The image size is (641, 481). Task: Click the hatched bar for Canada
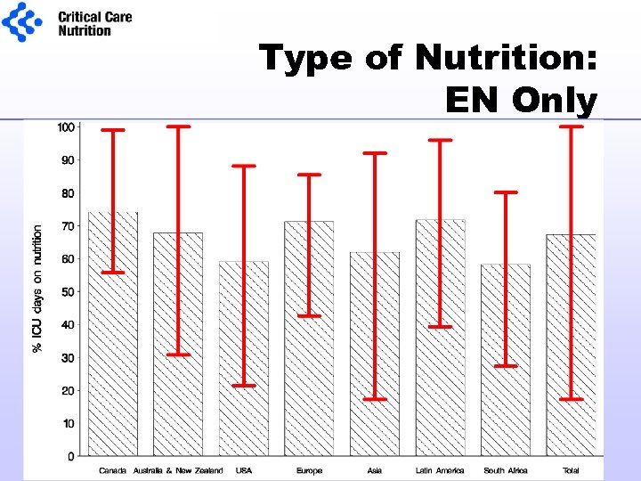(x=113, y=356)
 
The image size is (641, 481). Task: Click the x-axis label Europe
(x=309, y=470)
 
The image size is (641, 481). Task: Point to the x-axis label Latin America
(x=440, y=470)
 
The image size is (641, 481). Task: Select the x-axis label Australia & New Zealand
(x=178, y=470)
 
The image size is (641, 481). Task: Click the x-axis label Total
(x=571, y=470)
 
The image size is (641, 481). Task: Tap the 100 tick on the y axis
(x=66, y=127)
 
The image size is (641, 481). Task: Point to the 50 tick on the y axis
(x=69, y=292)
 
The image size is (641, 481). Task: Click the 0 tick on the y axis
(x=71, y=456)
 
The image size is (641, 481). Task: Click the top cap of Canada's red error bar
(x=113, y=130)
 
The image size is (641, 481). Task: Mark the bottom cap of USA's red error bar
(x=244, y=386)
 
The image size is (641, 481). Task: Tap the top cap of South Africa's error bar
(x=506, y=192)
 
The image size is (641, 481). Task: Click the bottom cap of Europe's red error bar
(x=309, y=316)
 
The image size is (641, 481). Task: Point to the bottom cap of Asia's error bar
(x=375, y=399)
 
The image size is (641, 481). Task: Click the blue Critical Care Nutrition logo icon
(x=21, y=21)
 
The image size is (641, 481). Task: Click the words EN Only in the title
(x=520, y=101)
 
